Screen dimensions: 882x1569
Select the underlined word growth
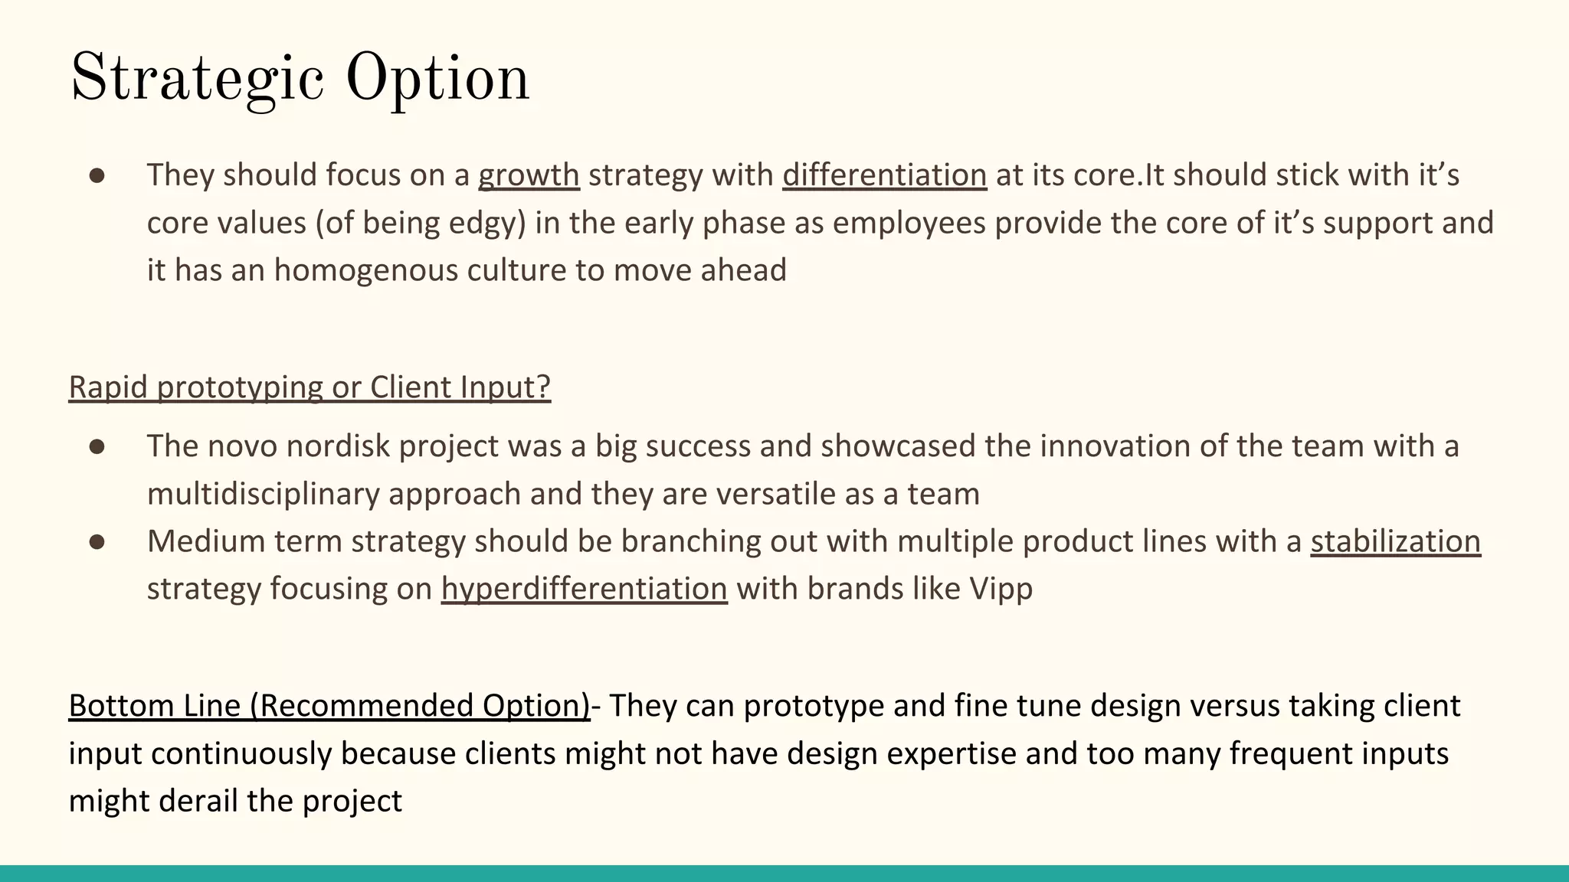pos(529,175)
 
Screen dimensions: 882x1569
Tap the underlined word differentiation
pos(884,175)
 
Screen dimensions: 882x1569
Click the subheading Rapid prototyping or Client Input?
pos(310,387)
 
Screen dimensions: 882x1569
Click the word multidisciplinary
pos(263,494)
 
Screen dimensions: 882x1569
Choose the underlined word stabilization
pos(1395,541)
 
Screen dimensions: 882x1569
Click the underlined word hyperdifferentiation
pos(584,589)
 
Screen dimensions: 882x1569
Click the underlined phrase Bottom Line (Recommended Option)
pos(329,706)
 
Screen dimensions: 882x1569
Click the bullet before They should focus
pos(97,176)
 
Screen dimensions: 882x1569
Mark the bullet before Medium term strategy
pos(97,542)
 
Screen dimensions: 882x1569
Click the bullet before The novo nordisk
pos(97,447)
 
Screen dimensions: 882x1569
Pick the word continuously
pos(241,753)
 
